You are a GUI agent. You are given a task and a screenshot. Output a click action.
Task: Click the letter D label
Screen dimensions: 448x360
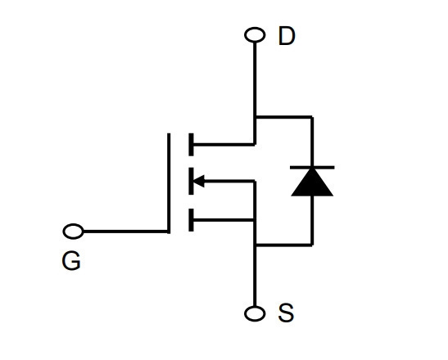(x=287, y=36)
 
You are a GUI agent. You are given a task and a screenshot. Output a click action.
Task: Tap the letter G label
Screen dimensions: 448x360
(x=71, y=261)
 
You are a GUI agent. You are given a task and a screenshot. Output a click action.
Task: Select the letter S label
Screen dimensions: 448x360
(x=286, y=313)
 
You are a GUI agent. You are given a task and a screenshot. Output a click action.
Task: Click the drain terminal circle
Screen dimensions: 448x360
(x=255, y=35)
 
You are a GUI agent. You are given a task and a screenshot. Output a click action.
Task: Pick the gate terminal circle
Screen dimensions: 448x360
(x=74, y=232)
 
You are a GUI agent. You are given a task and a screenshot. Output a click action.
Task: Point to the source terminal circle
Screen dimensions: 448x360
(x=255, y=313)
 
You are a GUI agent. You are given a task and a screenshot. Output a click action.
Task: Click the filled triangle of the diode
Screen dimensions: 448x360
(x=312, y=182)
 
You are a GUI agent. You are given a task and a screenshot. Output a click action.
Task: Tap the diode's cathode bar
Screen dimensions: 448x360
(x=312, y=167)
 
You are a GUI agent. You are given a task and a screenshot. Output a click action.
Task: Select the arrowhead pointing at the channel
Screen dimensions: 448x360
(x=199, y=181)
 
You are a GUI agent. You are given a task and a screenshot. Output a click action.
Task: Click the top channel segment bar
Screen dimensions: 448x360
(x=191, y=145)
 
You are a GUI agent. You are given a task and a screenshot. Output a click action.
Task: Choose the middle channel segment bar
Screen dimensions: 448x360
(x=191, y=181)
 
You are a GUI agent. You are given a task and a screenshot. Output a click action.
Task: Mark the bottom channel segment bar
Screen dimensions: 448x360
(x=191, y=220)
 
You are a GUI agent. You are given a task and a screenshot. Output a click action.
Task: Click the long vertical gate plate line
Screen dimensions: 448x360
(x=169, y=183)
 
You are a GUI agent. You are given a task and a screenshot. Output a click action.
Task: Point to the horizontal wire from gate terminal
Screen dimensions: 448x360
(x=125, y=232)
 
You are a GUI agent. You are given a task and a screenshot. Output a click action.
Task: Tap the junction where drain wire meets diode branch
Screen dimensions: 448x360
(x=255, y=117)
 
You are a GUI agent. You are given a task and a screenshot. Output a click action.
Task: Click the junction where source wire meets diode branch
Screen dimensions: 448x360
(x=255, y=245)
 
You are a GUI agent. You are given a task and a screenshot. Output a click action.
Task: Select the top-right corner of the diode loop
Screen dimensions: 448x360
(x=312, y=117)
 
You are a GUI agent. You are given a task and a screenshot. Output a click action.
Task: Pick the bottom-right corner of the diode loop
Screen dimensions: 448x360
(x=312, y=245)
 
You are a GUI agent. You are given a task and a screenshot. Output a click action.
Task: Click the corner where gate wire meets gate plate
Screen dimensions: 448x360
(x=169, y=232)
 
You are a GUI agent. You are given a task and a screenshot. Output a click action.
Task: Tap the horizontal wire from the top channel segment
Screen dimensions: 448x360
(x=224, y=145)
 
